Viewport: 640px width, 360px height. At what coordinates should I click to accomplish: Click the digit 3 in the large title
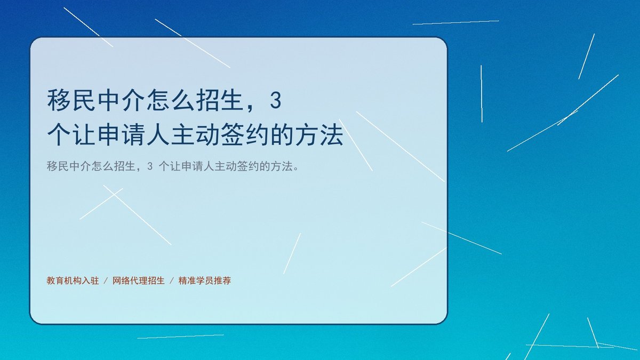click(x=276, y=101)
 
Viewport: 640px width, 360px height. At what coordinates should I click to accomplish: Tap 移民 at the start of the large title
click(x=71, y=100)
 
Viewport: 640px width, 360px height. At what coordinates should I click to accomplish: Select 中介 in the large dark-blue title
click(x=121, y=100)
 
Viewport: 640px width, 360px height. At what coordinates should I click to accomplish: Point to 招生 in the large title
click(x=220, y=100)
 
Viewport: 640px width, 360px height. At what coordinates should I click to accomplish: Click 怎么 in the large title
click(x=171, y=100)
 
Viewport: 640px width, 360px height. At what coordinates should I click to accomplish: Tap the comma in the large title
click(x=251, y=108)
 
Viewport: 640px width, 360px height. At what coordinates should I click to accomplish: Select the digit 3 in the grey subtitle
click(x=150, y=166)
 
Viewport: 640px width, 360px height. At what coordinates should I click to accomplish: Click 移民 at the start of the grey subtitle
click(x=58, y=166)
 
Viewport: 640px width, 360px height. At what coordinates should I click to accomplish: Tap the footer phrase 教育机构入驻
click(x=73, y=281)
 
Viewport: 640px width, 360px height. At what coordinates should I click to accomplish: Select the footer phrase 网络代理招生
click(x=139, y=281)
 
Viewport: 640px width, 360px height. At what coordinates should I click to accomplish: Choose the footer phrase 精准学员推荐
click(x=205, y=281)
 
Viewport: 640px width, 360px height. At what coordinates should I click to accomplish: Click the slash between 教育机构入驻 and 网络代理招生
click(x=106, y=281)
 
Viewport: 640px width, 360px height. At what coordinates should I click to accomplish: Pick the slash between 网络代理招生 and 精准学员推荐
click(x=172, y=281)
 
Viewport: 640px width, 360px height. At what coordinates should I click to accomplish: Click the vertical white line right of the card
click(x=482, y=94)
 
